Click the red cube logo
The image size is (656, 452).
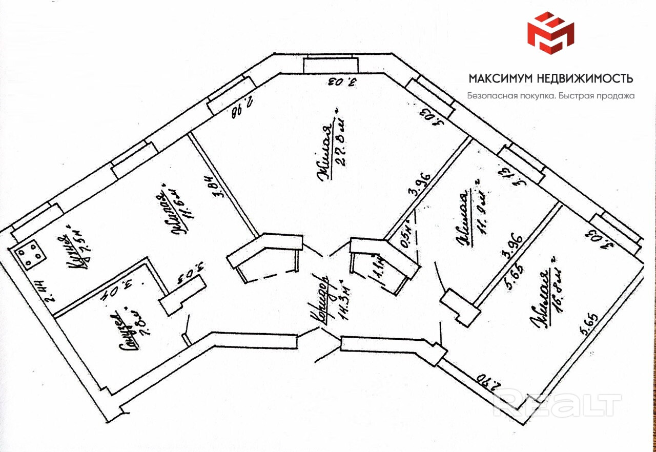550,33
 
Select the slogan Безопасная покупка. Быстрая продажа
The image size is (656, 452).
550,95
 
